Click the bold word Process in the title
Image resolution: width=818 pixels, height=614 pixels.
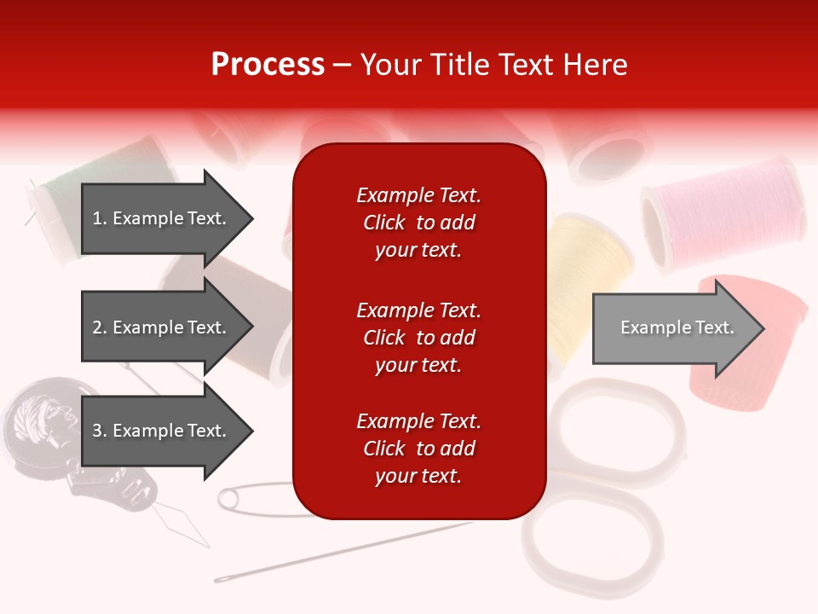click(268, 65)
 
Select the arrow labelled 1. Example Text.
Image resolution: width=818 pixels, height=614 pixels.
click(162, 218)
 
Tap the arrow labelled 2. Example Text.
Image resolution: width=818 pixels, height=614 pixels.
click(162, 327)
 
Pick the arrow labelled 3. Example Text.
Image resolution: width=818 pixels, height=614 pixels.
click(162, 431)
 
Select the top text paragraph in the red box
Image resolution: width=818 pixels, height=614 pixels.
click(418, 223)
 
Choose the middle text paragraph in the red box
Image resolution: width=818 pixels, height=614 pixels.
click(418, 338)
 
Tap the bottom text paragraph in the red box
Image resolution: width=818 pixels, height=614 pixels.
click(418, 449)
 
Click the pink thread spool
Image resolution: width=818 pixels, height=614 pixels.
click(724, 205)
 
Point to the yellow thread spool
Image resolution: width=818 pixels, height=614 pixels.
click(588, 273)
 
